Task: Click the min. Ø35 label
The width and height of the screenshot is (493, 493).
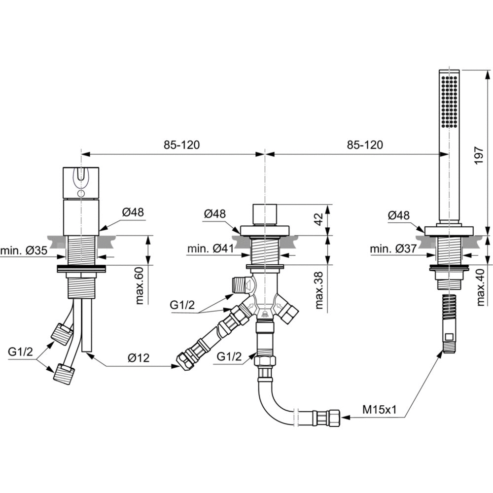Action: tap(24, 250)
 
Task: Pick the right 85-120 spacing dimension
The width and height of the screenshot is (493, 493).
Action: tap(365, 145)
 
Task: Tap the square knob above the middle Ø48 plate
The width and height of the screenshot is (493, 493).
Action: tap(265, 215)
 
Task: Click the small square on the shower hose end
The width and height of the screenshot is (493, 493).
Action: tap(448, 337)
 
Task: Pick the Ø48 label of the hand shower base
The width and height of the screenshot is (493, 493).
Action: tap(399, 215)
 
